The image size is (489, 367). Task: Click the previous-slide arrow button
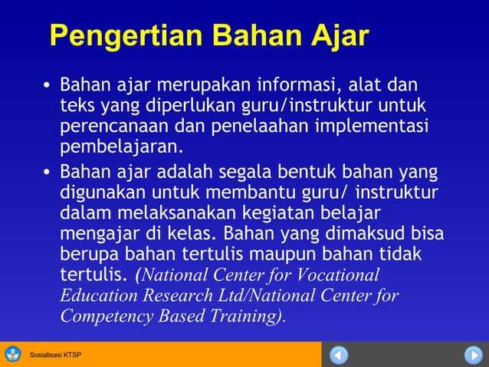pos(340,355)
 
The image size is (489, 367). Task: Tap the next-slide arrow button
pos(472,355)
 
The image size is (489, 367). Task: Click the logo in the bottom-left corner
pos(12,354)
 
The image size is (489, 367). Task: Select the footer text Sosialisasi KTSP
pos(55,355)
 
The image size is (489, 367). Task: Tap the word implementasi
pos(373,125)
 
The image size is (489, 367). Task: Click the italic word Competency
pos(102,316)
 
